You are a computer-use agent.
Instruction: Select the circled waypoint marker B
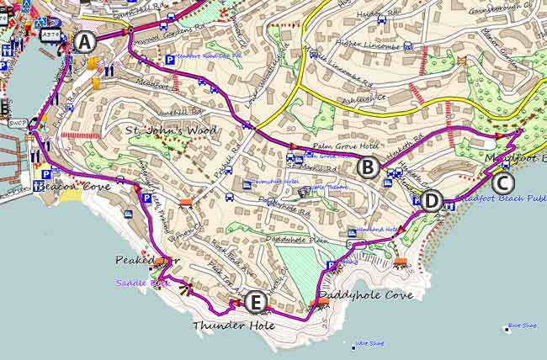(x=367, y=167)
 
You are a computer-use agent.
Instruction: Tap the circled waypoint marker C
(x=502, y=182)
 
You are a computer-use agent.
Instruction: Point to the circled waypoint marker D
(x=430, y=201)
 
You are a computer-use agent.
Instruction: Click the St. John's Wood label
(x=171, y=130)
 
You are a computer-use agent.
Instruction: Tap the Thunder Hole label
(x=222, y=325)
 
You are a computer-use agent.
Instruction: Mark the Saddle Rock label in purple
(x=149, y=283)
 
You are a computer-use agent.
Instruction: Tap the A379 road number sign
(x=51, y=35)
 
